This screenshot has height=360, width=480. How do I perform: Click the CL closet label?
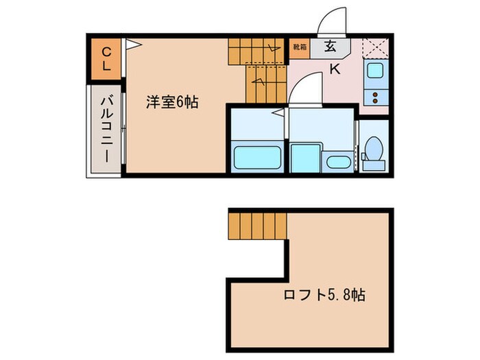106,58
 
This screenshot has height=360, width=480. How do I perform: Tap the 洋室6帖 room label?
171,103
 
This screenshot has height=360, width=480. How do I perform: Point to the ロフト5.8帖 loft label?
324,296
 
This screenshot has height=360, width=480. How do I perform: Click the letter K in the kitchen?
335,69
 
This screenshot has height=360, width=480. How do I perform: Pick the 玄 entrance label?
330,47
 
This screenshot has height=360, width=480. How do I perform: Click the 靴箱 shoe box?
300,47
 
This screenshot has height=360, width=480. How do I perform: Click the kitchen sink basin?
375,71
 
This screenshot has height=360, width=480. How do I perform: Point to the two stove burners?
375,95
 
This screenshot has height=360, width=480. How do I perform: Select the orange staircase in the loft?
255,224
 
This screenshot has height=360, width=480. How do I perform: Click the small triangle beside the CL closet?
133,45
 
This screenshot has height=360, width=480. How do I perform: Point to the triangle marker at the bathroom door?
279,111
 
